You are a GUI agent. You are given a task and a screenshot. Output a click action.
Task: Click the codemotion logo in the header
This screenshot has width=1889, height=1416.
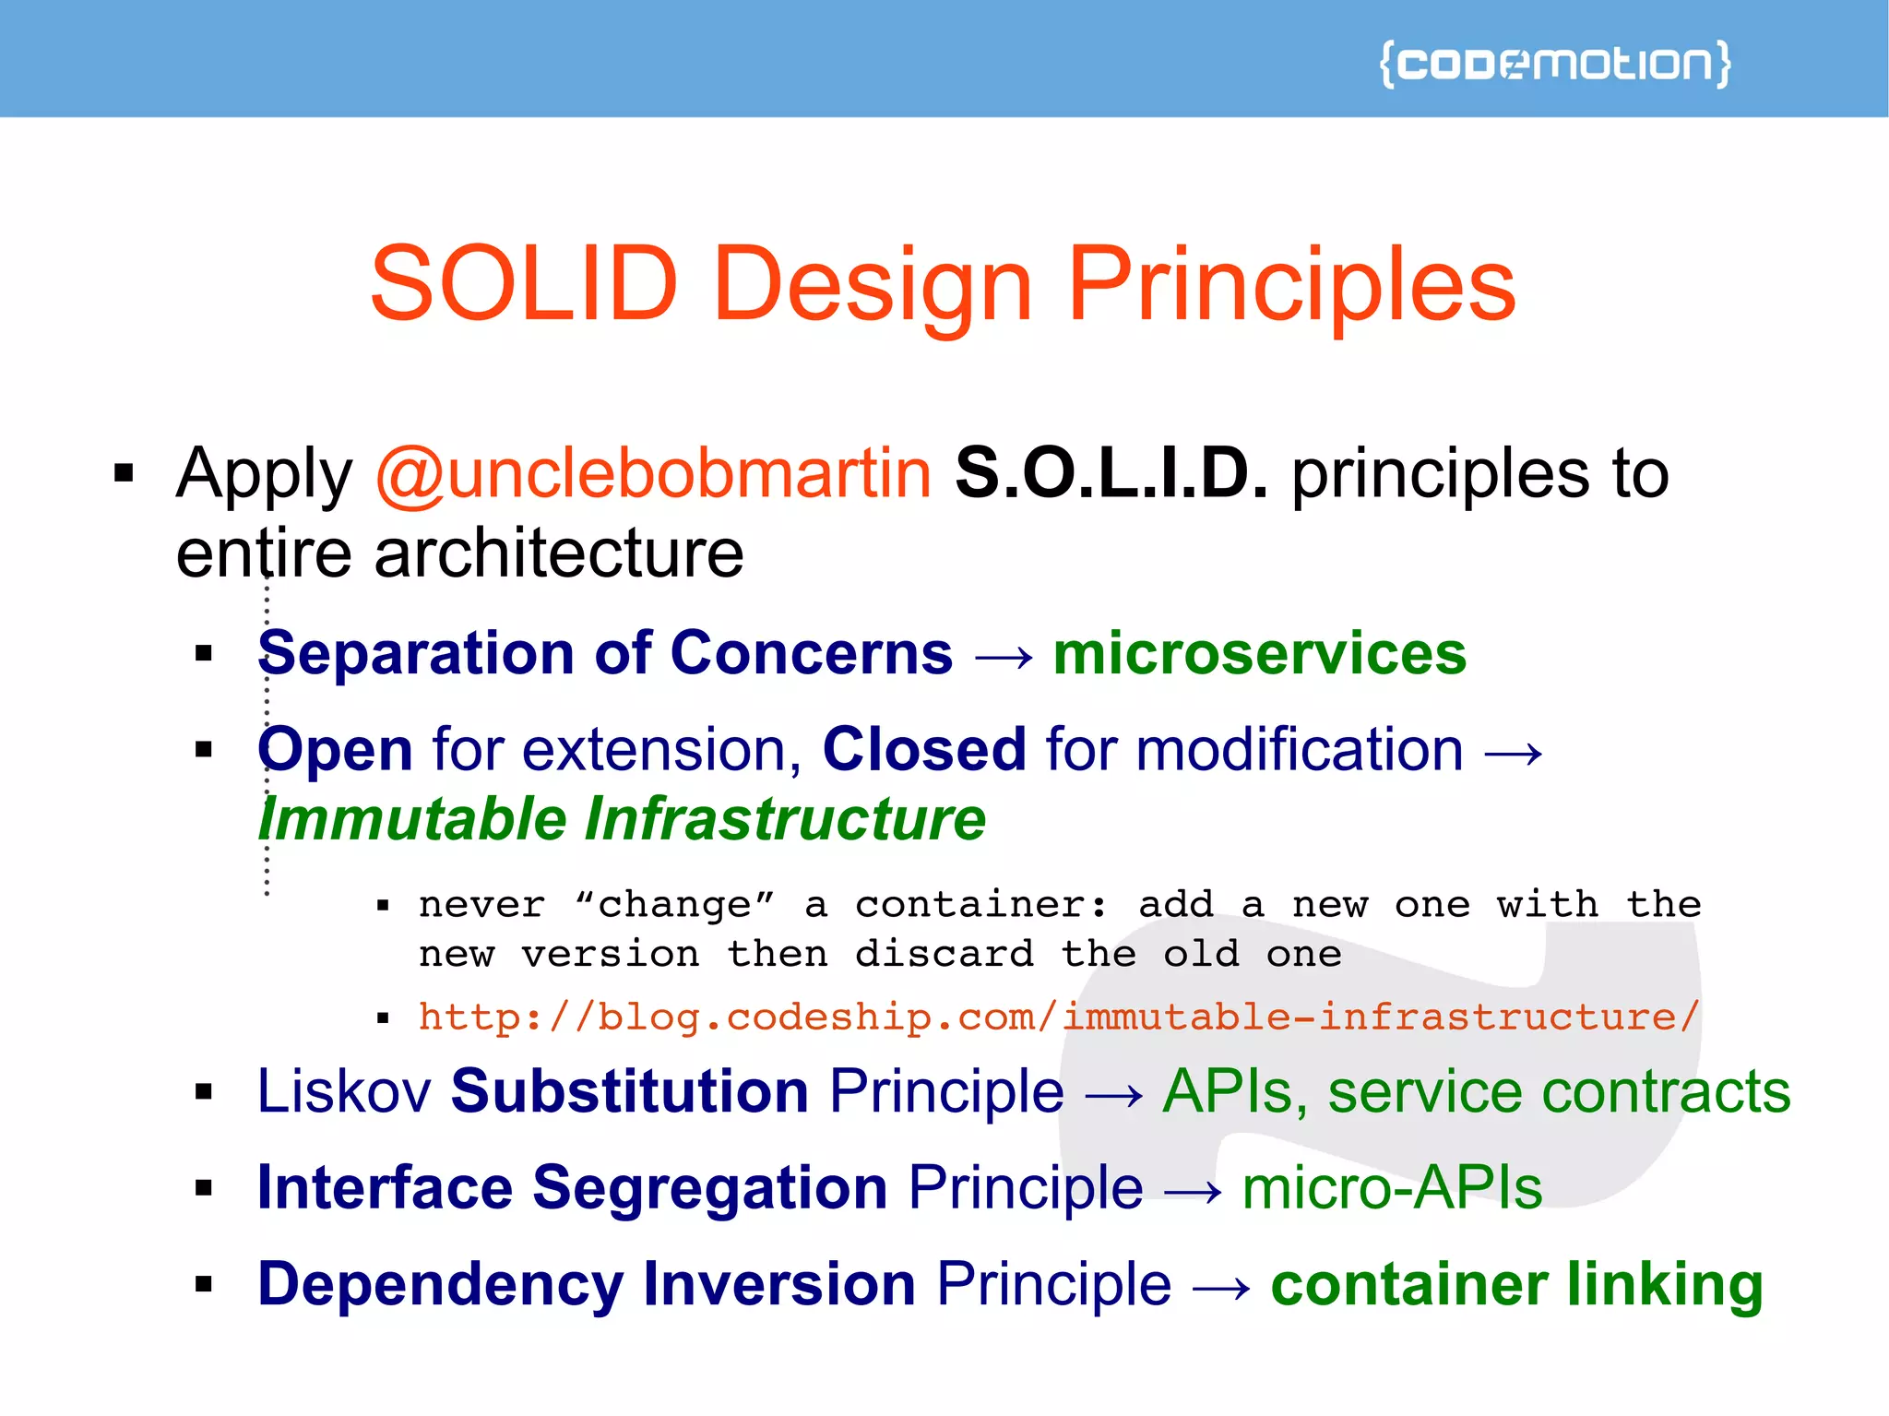[1555, 64]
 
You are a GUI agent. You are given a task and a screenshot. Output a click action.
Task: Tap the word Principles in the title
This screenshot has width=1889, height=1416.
[1291, 286]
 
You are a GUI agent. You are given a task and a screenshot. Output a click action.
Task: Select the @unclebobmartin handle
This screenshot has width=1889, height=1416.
[654, 473]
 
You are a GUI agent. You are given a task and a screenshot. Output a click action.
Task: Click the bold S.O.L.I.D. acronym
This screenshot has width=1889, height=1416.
[1111, 473]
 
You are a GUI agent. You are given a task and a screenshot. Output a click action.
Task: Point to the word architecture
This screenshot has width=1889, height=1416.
[559, 553]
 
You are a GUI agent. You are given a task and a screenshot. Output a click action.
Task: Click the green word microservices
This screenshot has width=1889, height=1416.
[1260, 653]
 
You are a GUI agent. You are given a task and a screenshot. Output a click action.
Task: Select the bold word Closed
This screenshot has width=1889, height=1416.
[924, 748]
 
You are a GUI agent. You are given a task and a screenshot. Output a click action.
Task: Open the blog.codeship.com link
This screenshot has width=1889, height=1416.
[1059, 1017]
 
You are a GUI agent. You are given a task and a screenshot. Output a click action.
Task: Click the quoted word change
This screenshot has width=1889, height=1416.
[674, 904]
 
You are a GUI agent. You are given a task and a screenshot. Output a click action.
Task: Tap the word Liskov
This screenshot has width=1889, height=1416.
[344, 1091]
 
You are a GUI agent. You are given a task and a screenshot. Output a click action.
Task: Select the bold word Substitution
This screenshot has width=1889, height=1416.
[630, 1091]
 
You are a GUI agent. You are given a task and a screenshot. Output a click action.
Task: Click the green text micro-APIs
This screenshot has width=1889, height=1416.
[1392, 1187]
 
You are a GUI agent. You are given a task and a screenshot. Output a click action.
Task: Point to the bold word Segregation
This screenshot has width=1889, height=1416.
[710, 1187]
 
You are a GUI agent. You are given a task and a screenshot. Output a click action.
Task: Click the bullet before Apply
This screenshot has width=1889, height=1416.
[124, 474]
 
